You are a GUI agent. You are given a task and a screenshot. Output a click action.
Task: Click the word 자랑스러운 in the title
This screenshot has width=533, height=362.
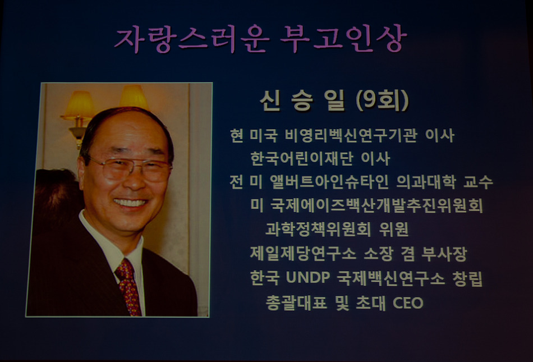pos(192,39)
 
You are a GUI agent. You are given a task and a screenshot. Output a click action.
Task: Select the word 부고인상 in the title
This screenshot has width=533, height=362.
pos(344,39)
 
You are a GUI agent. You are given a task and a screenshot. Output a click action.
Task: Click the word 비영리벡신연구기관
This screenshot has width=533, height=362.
pos(351,136)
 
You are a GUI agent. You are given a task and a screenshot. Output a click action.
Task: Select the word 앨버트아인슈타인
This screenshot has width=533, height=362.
pos(329,182)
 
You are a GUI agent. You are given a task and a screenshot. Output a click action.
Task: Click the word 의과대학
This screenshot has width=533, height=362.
pos(426,182)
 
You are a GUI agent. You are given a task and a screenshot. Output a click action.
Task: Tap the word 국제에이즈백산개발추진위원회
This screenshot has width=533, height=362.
pos(376,205)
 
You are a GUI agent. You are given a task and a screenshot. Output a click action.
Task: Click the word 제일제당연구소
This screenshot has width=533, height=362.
pos(303,254)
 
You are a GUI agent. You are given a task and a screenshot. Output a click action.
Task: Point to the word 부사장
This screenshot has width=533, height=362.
pos(444,254)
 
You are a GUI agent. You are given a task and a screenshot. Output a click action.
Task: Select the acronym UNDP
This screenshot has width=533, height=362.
pos(308,277)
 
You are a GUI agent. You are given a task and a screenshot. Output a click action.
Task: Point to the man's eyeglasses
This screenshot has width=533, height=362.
pos(129,168)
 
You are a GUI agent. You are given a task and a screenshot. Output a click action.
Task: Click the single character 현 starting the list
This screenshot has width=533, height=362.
pos(236,136)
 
